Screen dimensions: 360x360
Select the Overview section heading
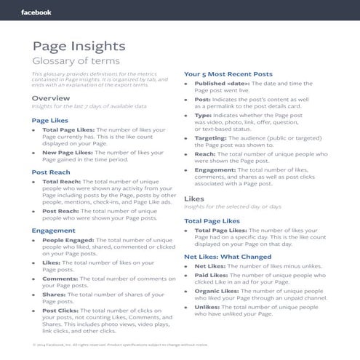(51, 97)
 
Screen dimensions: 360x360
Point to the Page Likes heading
(50, 119)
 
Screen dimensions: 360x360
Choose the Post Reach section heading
(51, 172)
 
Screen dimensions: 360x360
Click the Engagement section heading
(53, 230)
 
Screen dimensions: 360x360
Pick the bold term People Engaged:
(68, 239)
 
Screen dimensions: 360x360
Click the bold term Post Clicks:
(60, 311)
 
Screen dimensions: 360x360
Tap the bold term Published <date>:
(220, 84)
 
